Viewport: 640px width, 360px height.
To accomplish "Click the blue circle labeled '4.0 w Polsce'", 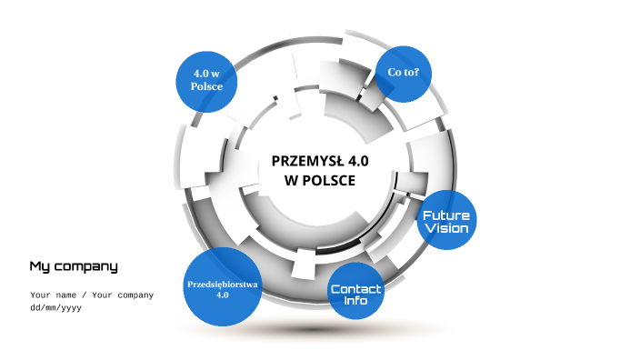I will (206, 79).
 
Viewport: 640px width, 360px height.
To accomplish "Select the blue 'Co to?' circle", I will (403, 72).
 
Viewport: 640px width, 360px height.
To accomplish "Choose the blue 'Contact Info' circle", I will (356, 292).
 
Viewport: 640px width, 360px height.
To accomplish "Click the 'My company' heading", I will (74, 266).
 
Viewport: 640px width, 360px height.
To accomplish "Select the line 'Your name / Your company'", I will (92, 295).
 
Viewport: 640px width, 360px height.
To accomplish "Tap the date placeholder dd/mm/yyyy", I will (56, 307).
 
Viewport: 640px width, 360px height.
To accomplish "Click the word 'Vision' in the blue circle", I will (446, 229).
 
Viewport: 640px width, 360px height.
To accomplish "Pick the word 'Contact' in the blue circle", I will (356, 289).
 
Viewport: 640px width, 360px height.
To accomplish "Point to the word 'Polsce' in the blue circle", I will (206, 86).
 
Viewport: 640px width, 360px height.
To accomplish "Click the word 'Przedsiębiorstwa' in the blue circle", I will (223, 284).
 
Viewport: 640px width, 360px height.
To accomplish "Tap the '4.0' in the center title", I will (357, 161).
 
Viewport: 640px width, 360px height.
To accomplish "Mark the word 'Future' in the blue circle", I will (446, 215).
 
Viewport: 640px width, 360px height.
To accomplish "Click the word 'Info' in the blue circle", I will (356, 300).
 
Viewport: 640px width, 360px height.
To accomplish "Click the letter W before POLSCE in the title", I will (293, 180).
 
